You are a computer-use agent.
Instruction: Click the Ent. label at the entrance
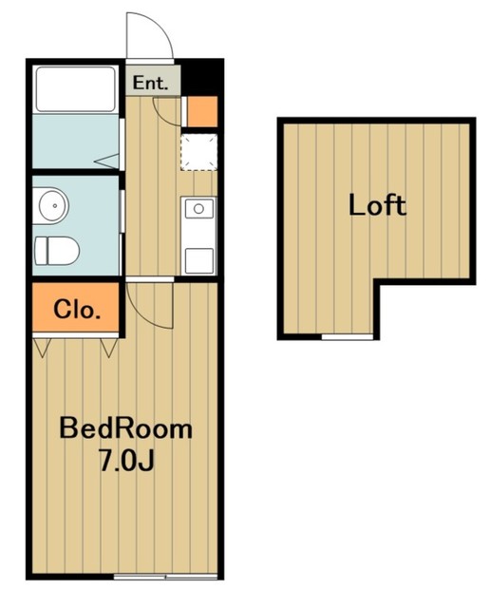(x=150, y=83)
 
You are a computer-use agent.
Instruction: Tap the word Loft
(x=377, y=205)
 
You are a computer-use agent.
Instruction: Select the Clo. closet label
(x=77, y=309)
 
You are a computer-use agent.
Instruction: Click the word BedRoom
(x=125, y=428)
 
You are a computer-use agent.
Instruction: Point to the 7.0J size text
(x=126, y=461)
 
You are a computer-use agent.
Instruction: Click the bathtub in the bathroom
(x=76, y=89)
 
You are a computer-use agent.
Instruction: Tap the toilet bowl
(x=57, y=251)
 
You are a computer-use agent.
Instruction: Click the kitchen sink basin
(x=198, y=209)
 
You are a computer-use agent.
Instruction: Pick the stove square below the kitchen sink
(x=198, y=261)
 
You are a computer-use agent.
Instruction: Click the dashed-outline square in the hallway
(x=199, y=152)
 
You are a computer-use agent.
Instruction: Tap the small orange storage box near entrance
(x=202, y=111)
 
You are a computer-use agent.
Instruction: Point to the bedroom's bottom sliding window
(x=165, y=577)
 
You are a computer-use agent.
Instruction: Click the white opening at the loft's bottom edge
(x=348, y=337)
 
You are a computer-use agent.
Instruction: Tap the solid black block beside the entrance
(x=202, y=77)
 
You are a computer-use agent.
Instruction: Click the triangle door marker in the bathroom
(x=106, y=161)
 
